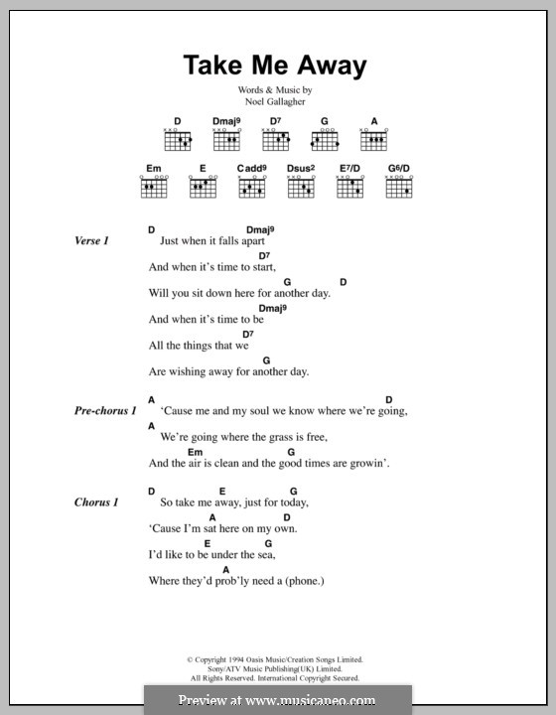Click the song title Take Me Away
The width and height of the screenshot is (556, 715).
click(x=275, y=67)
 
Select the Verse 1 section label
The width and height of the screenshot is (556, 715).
click(x=91, y=241)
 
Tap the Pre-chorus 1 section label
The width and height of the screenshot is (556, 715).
click(x=105, y=410)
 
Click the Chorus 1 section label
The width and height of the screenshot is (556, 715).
click(x=96, y=502)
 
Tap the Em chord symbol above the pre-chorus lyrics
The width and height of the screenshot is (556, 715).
click(x=195, y=451)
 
